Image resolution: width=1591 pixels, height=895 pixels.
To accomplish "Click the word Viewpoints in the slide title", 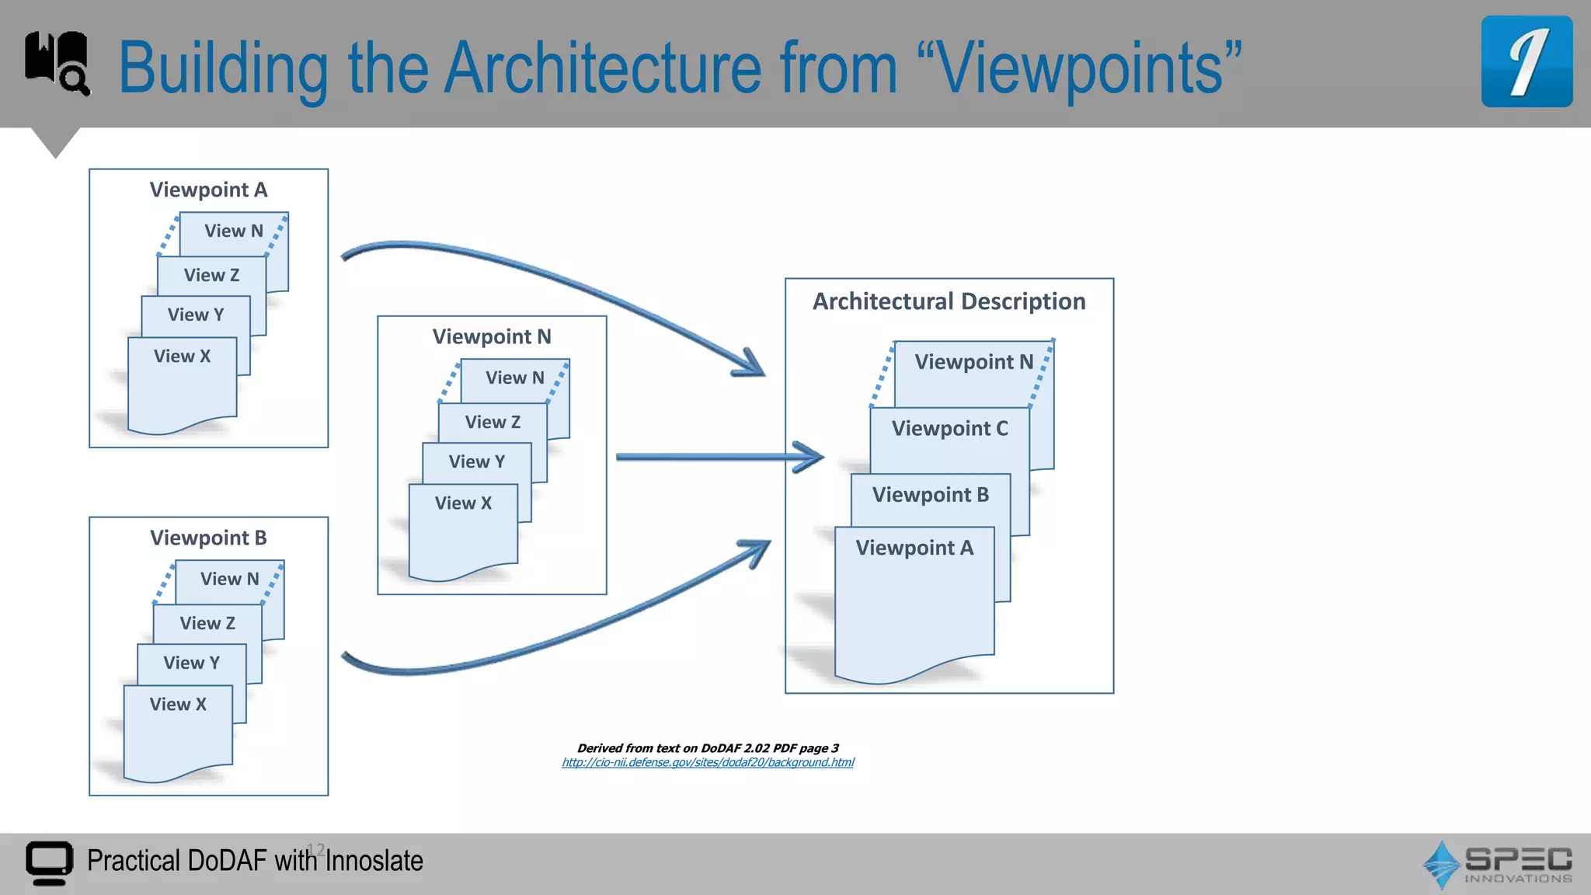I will (1080, 68).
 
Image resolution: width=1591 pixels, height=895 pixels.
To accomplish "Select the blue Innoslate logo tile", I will (1526, 61).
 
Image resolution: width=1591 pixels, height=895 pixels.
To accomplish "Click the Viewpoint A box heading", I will (208, 190).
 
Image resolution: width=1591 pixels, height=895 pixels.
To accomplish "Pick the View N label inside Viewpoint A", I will (234, 231).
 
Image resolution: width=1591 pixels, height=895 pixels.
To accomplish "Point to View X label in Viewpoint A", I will (182, 356).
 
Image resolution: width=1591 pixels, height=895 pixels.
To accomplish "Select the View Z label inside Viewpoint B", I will (207, 623).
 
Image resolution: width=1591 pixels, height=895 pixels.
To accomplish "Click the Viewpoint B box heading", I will (208, 538).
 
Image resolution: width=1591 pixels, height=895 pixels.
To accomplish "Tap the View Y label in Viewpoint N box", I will (477, 461).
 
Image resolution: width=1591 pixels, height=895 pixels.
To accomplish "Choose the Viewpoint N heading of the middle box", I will (492, 336).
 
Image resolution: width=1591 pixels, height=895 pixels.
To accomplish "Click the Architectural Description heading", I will (949, 301).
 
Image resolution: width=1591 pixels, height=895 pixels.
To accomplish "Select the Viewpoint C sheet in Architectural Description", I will (949, 429).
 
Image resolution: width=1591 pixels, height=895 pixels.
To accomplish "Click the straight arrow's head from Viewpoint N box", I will (811, 457).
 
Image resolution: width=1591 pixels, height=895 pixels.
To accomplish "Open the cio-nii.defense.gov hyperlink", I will (708, 763).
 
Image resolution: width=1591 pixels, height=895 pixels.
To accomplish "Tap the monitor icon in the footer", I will (49, 862).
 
